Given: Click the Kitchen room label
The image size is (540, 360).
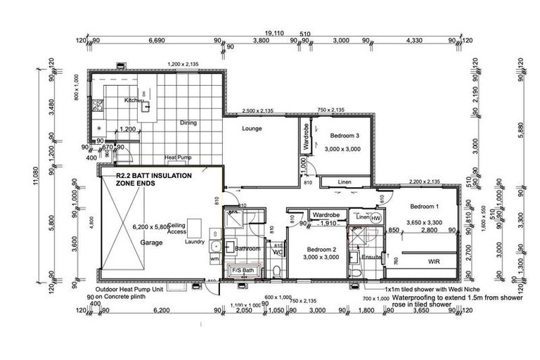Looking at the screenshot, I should pyautogui.click(x=134, y=101).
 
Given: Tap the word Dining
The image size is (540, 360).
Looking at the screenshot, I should pyautogui.click(x=188, y=122).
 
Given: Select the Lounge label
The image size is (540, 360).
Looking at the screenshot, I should pyautogui.click(x=252, y=129).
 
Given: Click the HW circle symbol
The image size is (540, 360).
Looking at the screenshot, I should pyautogui.click(x=375, y=219).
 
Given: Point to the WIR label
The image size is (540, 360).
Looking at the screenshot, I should pyautogui.click(x=434, y=261).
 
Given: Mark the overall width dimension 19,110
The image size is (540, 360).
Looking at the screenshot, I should pyautogui.click(x=275, y=32).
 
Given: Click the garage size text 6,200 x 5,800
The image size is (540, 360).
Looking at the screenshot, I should pyautogui.click(x=151, y=227).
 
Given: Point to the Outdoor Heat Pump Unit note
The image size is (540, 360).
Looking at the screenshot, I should pyautogui.click(x=131, y=290).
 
